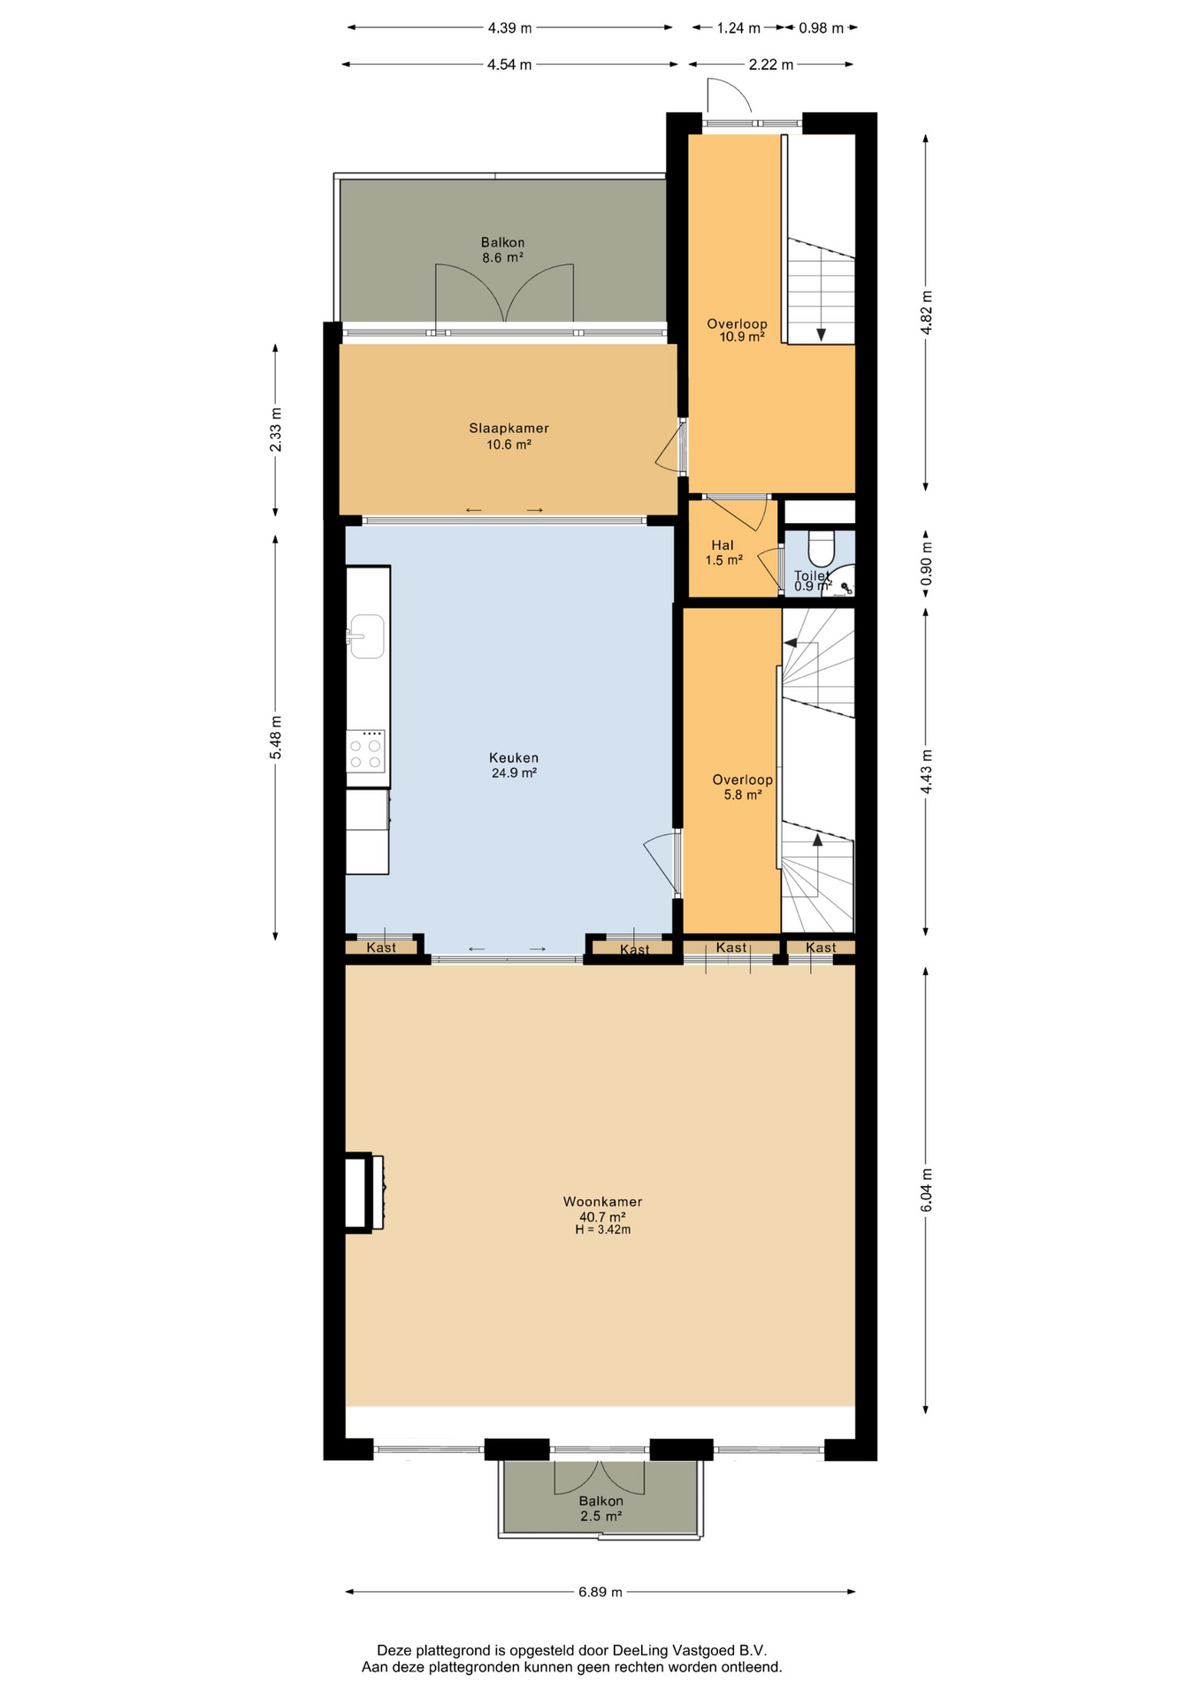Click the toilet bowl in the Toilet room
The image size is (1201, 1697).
(821, 548)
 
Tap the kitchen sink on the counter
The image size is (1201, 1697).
(366, 636)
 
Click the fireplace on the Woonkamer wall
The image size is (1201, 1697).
(364, 1191)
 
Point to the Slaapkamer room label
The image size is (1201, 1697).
(509, 429)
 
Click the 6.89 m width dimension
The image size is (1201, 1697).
(600, 1592)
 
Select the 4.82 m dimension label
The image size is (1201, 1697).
(926, 313)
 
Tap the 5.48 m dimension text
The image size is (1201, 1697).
(276, 737)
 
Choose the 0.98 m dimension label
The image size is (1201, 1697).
(821, 28)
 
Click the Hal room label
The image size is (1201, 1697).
(723, 545)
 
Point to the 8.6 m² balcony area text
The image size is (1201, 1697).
(502, 258)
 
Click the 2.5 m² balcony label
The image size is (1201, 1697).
(601, 1516)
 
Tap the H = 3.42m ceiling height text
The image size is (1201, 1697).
(602, 1229)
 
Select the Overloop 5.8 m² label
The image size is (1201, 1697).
(743, 787)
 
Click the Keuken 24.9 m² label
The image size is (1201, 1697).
(514, 765)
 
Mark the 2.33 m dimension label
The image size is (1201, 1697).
(276, 430)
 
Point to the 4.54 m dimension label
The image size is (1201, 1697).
(509, 65)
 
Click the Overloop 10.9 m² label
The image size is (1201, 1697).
(738, 330)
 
